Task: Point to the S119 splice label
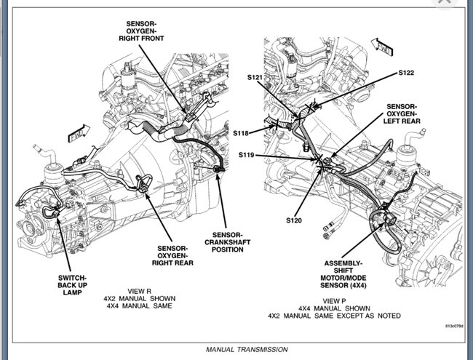pos(248,155)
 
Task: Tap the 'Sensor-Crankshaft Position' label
pos(227,243)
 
